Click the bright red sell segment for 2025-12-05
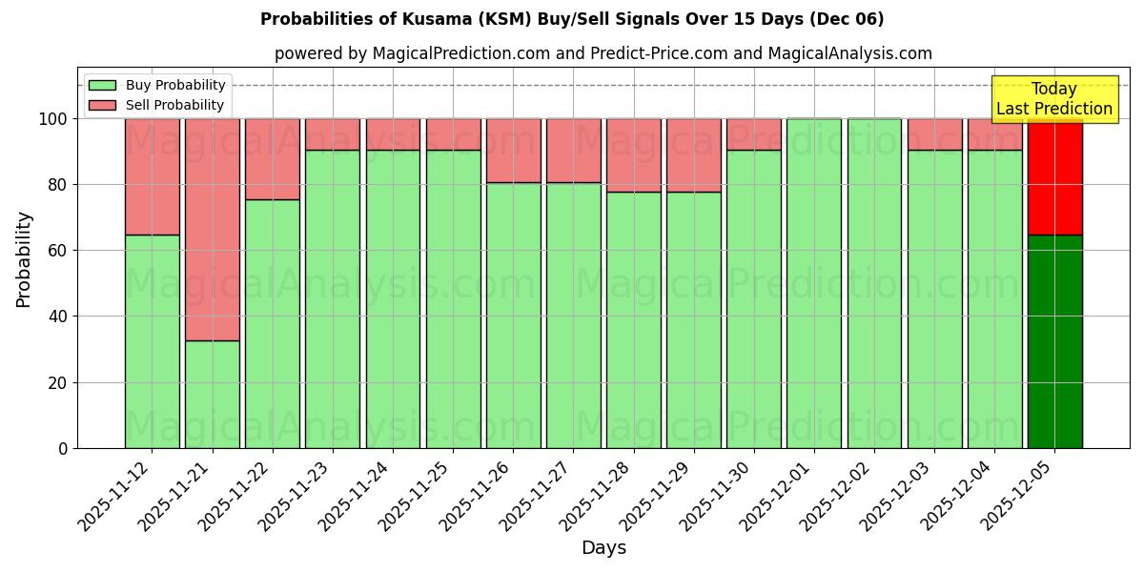tap(1054, 176)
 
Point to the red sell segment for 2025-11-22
tap(272, 159)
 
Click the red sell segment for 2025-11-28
tap(633, 155)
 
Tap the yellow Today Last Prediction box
tap(1054, 99)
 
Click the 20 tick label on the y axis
tap(58, 383)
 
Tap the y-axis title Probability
tap(24, 259)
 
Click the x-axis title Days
tap(603, 548)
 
